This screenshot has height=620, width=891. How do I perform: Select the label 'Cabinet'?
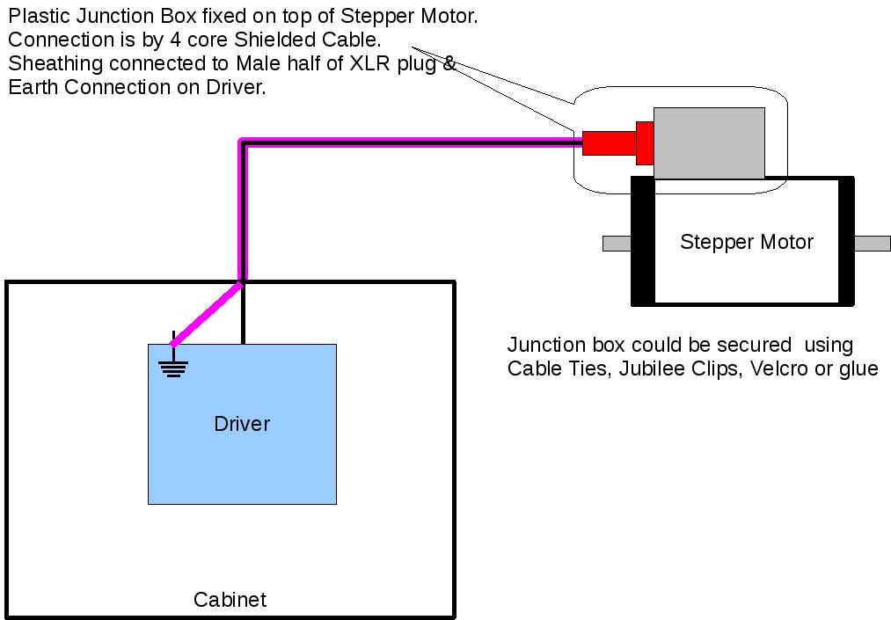(x=230, y=601)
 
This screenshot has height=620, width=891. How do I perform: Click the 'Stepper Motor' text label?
(x=747, y=242)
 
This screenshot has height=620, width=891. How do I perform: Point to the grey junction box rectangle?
(x=709, y=142)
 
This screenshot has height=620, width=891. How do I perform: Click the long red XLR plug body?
(x=609, y=142)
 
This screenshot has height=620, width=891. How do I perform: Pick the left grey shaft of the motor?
(x=617, y=243)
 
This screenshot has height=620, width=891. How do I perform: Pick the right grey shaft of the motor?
(x=872, y=243)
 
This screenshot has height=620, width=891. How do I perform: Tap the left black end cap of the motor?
(x=643, y=241)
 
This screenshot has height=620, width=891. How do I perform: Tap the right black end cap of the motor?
(x=846, y=241)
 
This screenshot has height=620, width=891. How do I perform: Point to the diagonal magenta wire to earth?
(x=208, y=313)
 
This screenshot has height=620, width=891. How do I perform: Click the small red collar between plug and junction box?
(x=645, y=142)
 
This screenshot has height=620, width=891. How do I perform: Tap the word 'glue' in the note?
(x=858, y=368)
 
